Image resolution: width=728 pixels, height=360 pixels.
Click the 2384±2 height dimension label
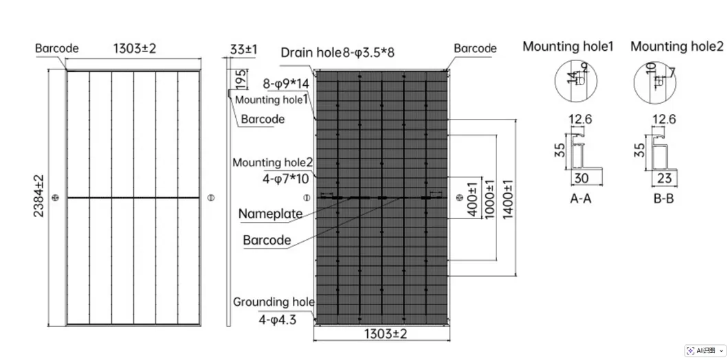click(x=38, y=196)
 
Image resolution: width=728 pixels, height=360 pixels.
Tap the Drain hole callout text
click(x=311, y=52)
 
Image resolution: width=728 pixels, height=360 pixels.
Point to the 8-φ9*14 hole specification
click(x=287, y=85)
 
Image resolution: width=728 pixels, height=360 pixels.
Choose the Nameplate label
click(x=270, y=214)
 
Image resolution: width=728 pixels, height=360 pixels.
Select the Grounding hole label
click(x=274, y=302)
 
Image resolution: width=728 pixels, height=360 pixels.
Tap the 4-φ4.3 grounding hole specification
click(x=278, y=319)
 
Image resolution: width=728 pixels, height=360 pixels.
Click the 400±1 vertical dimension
click(x=472, y=199)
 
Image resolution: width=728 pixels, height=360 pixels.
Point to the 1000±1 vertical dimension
click(x=490, y=198)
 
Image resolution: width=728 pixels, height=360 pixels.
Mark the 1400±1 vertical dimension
click(x=509, y=198)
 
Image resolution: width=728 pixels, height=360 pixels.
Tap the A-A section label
click(x=581, y=199)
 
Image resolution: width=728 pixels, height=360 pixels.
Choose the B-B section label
click(x=663, y=199)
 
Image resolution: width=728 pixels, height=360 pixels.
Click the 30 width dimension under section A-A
click(x=582, y=178)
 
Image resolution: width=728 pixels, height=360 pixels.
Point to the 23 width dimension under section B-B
click(x=664, y=178)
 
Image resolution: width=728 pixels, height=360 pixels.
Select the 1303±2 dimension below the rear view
click(x=386, y=334)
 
